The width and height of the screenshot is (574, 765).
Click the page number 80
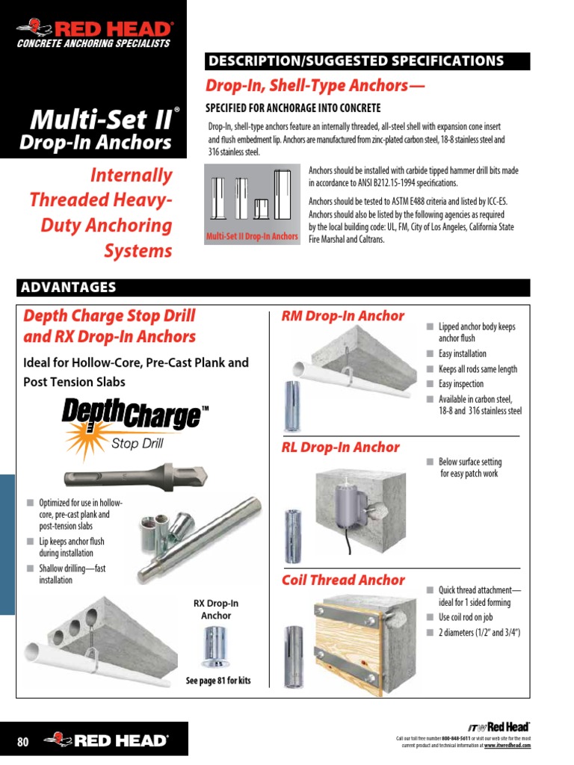tap(22, 742)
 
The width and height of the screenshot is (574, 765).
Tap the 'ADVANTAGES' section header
tap(67, 288)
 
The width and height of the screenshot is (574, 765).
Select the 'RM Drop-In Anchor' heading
tap(342, 316)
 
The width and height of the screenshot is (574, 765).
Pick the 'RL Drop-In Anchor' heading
tap(340, 447)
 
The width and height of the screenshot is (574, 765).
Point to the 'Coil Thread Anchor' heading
tap(343, 580)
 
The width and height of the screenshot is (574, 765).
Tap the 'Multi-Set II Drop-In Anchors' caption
tap(251, 238)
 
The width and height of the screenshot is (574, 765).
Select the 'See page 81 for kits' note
tap(218, 681)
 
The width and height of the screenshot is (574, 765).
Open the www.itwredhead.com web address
tap(507, 746)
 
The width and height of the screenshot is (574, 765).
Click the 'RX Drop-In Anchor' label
tap(216, 610)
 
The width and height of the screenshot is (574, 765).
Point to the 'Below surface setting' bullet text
tap(470, 462)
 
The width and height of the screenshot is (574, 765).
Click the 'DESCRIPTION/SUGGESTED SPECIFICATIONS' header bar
tap(367, 61)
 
